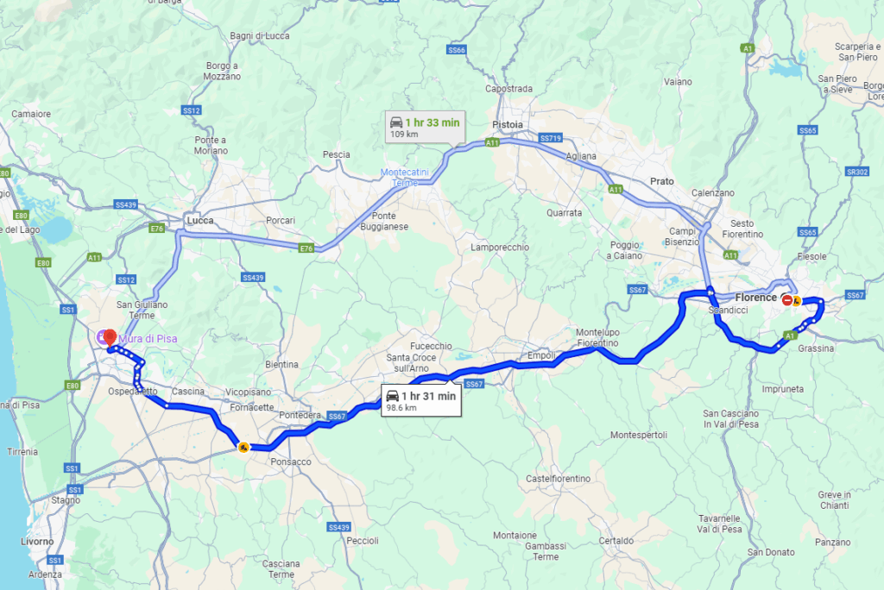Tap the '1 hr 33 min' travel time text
(x=433, y=122)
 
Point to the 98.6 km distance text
(x=401, y=408)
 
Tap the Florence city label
(x=756, y=298)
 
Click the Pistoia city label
(x=508, y=124)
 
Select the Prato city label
(x=661, y=181)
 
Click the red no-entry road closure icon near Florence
(x=786, y=299)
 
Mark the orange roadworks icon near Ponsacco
(x=244, y=447)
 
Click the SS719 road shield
(x=550, y=138)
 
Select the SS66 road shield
(x=457, y=50)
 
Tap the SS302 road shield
(x=857, y=172)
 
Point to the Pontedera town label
(x=300, y=416)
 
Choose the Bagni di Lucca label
(x=257, y=35)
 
